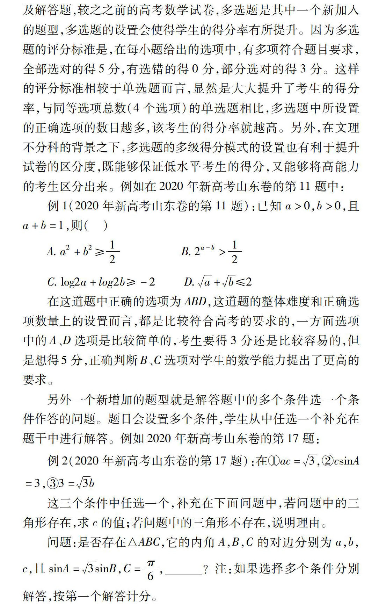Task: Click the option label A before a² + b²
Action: [51, 251]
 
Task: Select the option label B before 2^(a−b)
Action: [185, 251]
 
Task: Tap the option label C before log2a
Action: [52, 282]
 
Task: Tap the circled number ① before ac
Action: [274, 461]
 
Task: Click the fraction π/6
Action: [151, 570]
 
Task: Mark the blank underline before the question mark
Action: [183, 573]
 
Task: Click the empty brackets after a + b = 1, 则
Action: [96, 225]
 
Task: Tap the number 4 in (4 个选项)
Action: [137, 108]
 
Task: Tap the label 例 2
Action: [58, 461]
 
